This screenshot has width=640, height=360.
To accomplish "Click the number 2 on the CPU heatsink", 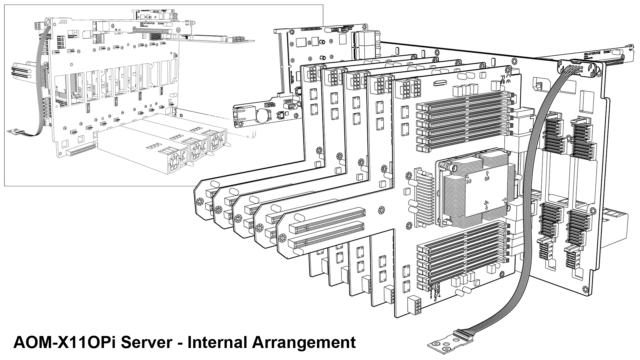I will pos(468,180).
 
